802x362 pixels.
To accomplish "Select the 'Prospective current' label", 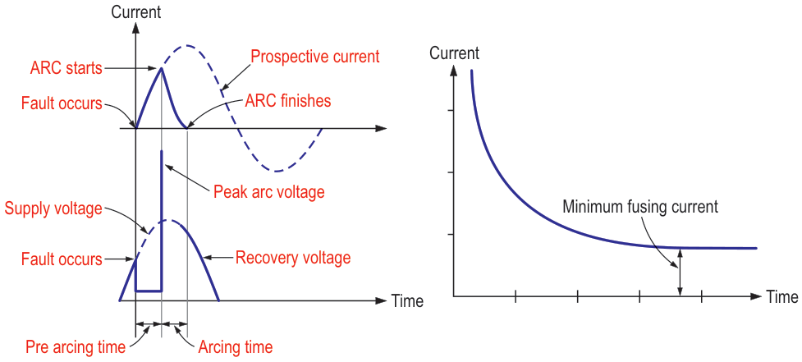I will click(314, 57).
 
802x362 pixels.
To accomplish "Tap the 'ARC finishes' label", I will click(287, 101).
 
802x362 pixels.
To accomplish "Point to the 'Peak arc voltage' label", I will click(268, 192).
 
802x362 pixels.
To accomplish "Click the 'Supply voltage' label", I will click(53, 208).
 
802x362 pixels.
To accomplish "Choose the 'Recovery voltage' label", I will click(293, 258).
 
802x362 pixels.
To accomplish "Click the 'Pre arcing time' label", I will click(76, 347).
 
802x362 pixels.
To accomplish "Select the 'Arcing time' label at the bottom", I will click(236, 347).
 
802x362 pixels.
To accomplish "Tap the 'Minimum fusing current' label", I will click(640, 207).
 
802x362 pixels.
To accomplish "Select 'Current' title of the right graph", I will click(454, 54).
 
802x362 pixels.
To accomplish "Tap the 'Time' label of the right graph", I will click(782, 296).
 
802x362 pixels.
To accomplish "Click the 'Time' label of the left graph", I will click(407, 301).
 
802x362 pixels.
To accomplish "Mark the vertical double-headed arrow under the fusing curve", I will click(680, 273).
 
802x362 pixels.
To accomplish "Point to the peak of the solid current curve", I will click(162, 69).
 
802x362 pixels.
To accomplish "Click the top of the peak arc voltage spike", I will click(162, 151).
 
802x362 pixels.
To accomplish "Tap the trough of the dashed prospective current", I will click(279, 171).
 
